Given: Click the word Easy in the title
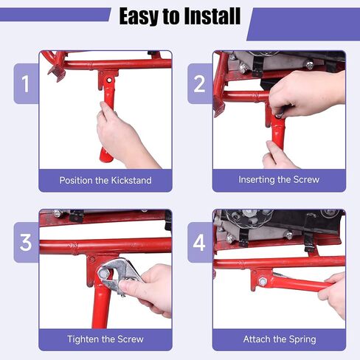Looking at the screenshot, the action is click(139, 17).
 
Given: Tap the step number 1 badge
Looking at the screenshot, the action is click(26, 83).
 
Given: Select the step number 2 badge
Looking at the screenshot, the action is click(200, 83).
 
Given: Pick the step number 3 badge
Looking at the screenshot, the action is click(26, 243).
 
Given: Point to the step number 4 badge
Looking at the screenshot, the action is click(200, 243).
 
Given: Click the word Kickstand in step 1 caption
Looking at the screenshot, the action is click(131, 181).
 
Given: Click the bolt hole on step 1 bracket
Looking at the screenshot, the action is click(108, 80).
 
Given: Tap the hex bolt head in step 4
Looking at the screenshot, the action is click(262, 281).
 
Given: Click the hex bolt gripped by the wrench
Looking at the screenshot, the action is click(102, 273).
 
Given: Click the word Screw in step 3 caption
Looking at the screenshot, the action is click(131, 339).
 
